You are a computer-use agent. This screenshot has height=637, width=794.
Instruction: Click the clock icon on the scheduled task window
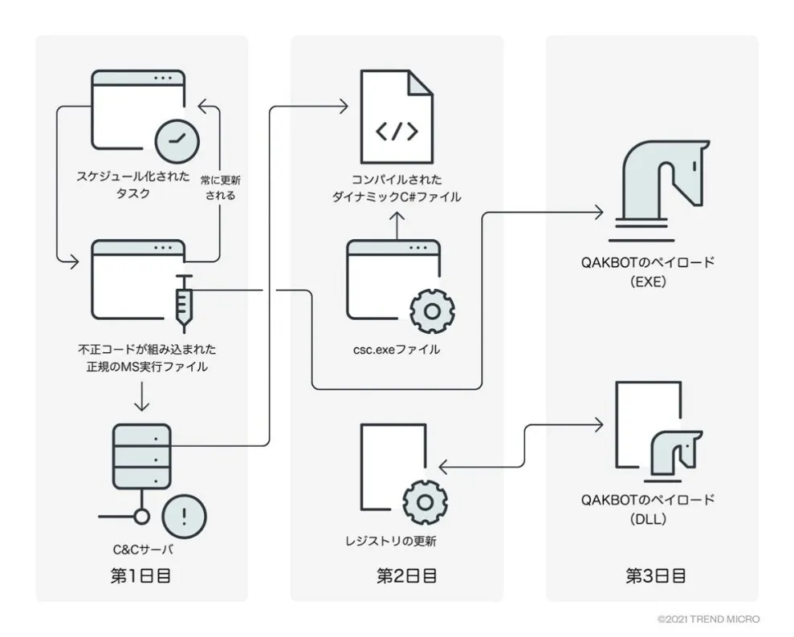pos(177,141)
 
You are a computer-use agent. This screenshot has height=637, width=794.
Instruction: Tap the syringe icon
pos(184,303)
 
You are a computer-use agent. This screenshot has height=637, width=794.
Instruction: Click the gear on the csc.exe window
pos(432,311)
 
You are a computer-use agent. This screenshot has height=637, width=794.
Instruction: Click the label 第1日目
pos(141,575)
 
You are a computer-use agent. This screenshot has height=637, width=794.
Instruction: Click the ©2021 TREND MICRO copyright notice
pos(707,619)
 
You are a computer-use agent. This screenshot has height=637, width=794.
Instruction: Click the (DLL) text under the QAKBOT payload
pos(649,519)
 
